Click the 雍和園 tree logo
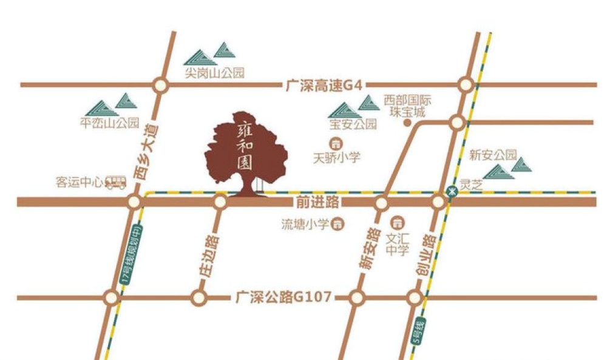(246, 152)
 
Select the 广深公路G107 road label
(283, 297)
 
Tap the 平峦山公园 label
(110, 121)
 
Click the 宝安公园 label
(353, 125)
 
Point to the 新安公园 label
(492, 155)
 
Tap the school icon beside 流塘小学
(339, 225)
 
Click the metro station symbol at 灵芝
(451, 190)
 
